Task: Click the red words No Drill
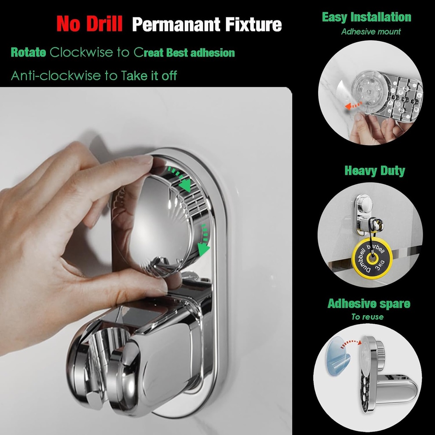[x=89, y=24]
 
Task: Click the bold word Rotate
[x=28, y=53]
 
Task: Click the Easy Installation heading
[x=366, y=17]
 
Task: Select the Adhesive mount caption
[x=371, y=31]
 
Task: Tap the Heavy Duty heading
[x=375, y=171]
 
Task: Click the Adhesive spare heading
[x=369, y=304]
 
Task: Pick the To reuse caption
[x=367, y=317]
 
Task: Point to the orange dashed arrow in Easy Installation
[x=354, y=106]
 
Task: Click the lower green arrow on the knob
[x=204, y=242]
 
